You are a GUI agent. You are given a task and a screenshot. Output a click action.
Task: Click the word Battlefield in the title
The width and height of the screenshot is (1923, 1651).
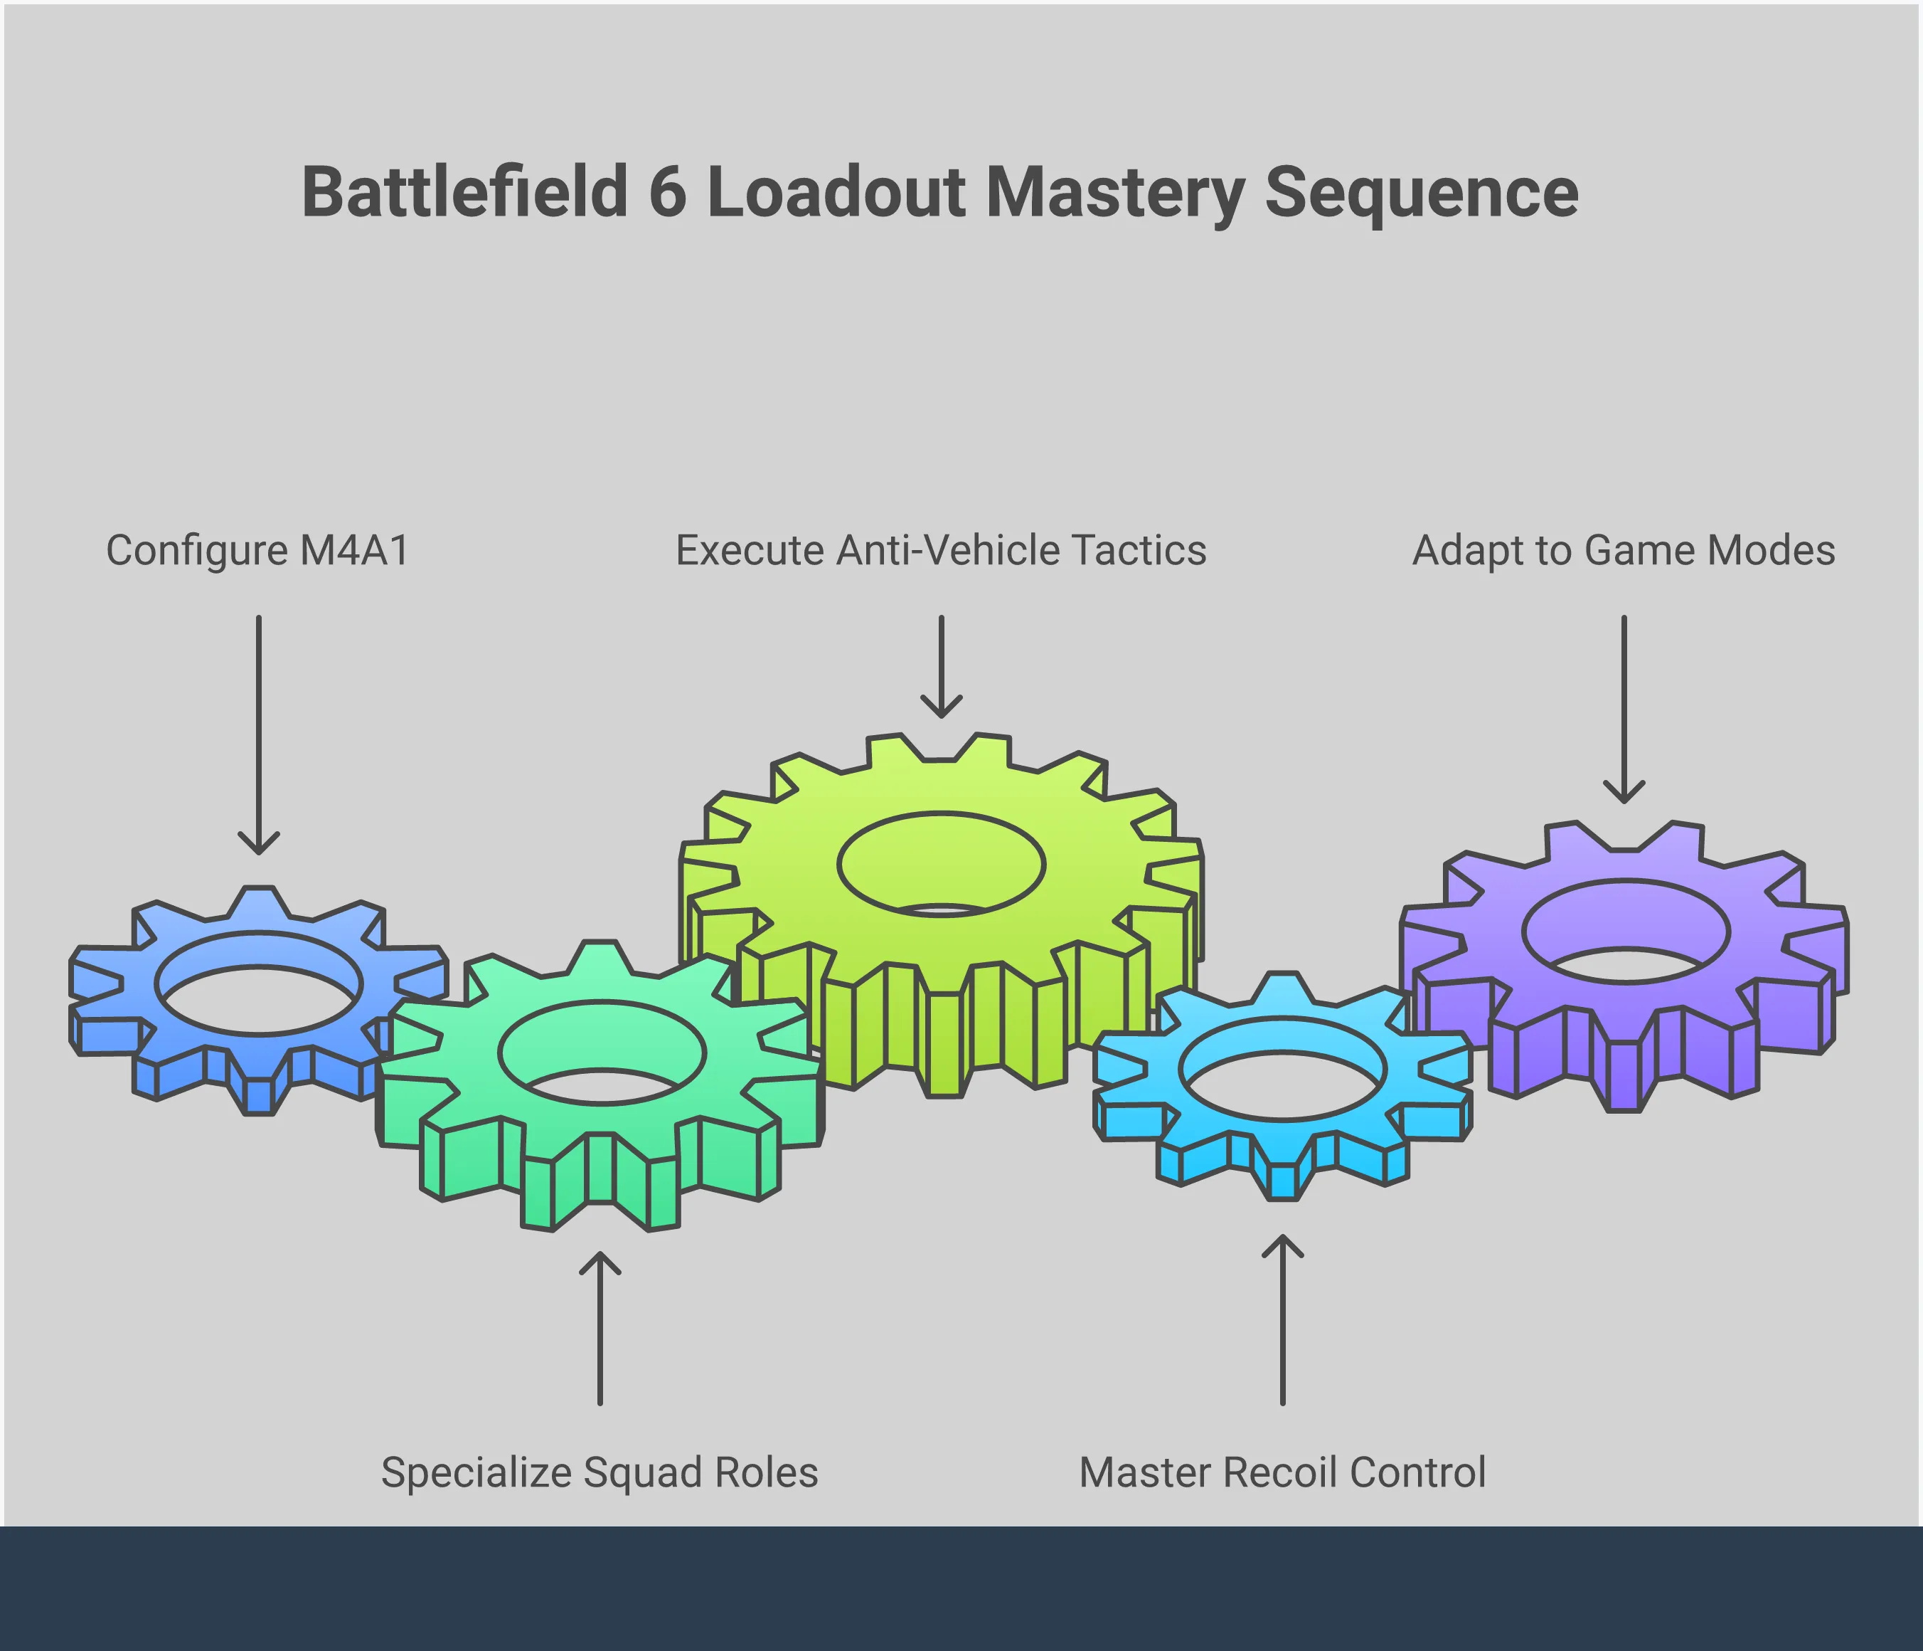click(465, 192)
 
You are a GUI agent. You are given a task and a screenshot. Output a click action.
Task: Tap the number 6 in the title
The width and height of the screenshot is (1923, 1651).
click(667, 192)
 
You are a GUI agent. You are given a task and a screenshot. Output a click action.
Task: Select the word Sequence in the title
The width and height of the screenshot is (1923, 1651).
click(1421, 192)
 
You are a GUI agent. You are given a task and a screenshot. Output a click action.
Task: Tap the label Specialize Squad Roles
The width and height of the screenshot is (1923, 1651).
click(600, 1472)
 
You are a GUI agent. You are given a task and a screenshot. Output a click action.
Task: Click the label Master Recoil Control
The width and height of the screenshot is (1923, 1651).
click(1282, 1472)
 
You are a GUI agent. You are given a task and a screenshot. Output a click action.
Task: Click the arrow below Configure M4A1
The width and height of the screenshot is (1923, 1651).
click(259, 734)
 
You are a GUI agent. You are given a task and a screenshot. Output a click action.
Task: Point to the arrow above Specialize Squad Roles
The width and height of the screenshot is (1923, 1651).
click(600, 1328)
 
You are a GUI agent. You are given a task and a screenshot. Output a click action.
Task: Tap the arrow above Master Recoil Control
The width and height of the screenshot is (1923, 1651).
click(1283, 1319)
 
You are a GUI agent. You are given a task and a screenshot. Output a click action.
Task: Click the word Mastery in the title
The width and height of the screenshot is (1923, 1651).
click(1114, 192)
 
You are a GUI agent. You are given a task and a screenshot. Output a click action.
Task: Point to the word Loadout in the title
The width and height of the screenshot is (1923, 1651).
click(836, 192)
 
